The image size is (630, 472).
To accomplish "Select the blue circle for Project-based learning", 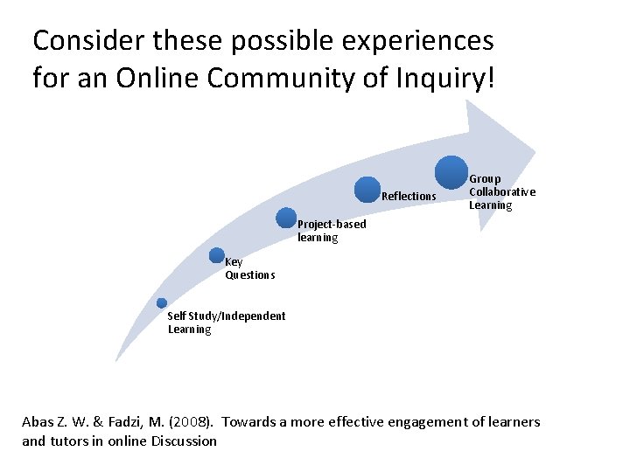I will (286, 219).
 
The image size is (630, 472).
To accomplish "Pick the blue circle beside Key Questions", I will (218, 255).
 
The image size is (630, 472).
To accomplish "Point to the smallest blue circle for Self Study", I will (162, 302).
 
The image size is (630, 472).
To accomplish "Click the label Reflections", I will (409, 197).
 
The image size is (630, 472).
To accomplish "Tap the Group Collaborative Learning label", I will (501, 192).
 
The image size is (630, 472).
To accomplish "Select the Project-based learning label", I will (332, 232).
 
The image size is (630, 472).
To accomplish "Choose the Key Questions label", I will (249, 268).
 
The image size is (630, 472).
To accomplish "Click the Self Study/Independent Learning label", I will (226, 323).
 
